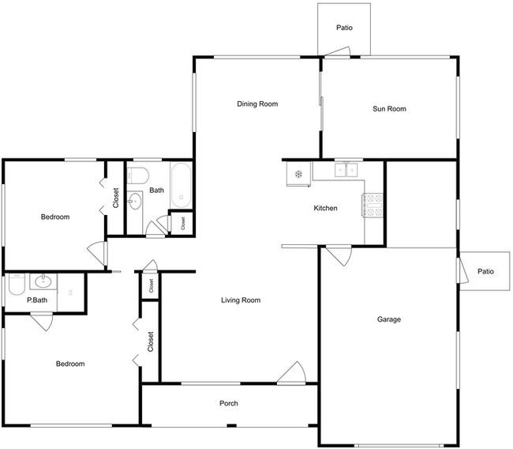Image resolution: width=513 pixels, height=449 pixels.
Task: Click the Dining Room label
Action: coord(257,104)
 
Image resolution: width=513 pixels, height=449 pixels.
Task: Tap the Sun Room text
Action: coord(389,109)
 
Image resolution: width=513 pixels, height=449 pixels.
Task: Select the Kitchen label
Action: coord(326,209)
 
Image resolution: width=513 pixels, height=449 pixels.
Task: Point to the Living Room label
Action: coord(240,300)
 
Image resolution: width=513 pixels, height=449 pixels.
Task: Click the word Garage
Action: coord(388,320)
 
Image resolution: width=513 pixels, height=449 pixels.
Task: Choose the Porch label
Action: coord(228,404)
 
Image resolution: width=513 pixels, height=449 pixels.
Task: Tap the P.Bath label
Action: coord(37,300)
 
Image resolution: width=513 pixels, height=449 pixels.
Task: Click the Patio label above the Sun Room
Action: coord(344,28)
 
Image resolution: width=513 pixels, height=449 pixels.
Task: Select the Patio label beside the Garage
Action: coord(485,272)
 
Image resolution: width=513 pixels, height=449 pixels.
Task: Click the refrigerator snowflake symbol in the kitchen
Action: coord(298,173)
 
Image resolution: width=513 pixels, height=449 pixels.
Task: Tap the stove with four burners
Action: coord(373,206)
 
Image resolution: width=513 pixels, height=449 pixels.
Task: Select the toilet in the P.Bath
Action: coord(14,284)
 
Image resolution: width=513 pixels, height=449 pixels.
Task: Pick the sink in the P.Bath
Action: coord(43,281)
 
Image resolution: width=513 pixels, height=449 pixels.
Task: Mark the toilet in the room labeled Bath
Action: coord(138,175)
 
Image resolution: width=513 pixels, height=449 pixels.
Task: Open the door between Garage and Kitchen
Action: coord(338,255)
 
